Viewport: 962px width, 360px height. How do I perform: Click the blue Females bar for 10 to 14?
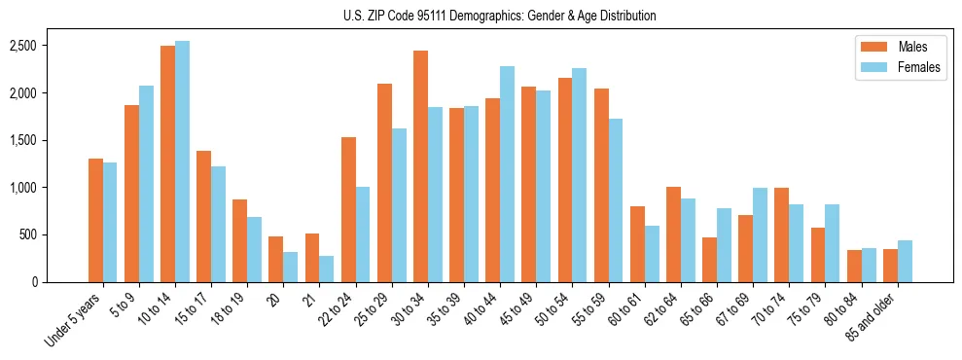pyautogui.click(x=182, y=161)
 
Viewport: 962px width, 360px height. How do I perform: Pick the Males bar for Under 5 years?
pyautogui.click(x=95, y=220)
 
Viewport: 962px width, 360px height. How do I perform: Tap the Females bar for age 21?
pyautogui.click(x=327, y=269)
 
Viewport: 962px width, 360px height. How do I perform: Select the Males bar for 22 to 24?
pyautogui.click(x=348, y=209)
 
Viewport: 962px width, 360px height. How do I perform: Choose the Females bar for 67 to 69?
pyautogui.click(x=761, y=234)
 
